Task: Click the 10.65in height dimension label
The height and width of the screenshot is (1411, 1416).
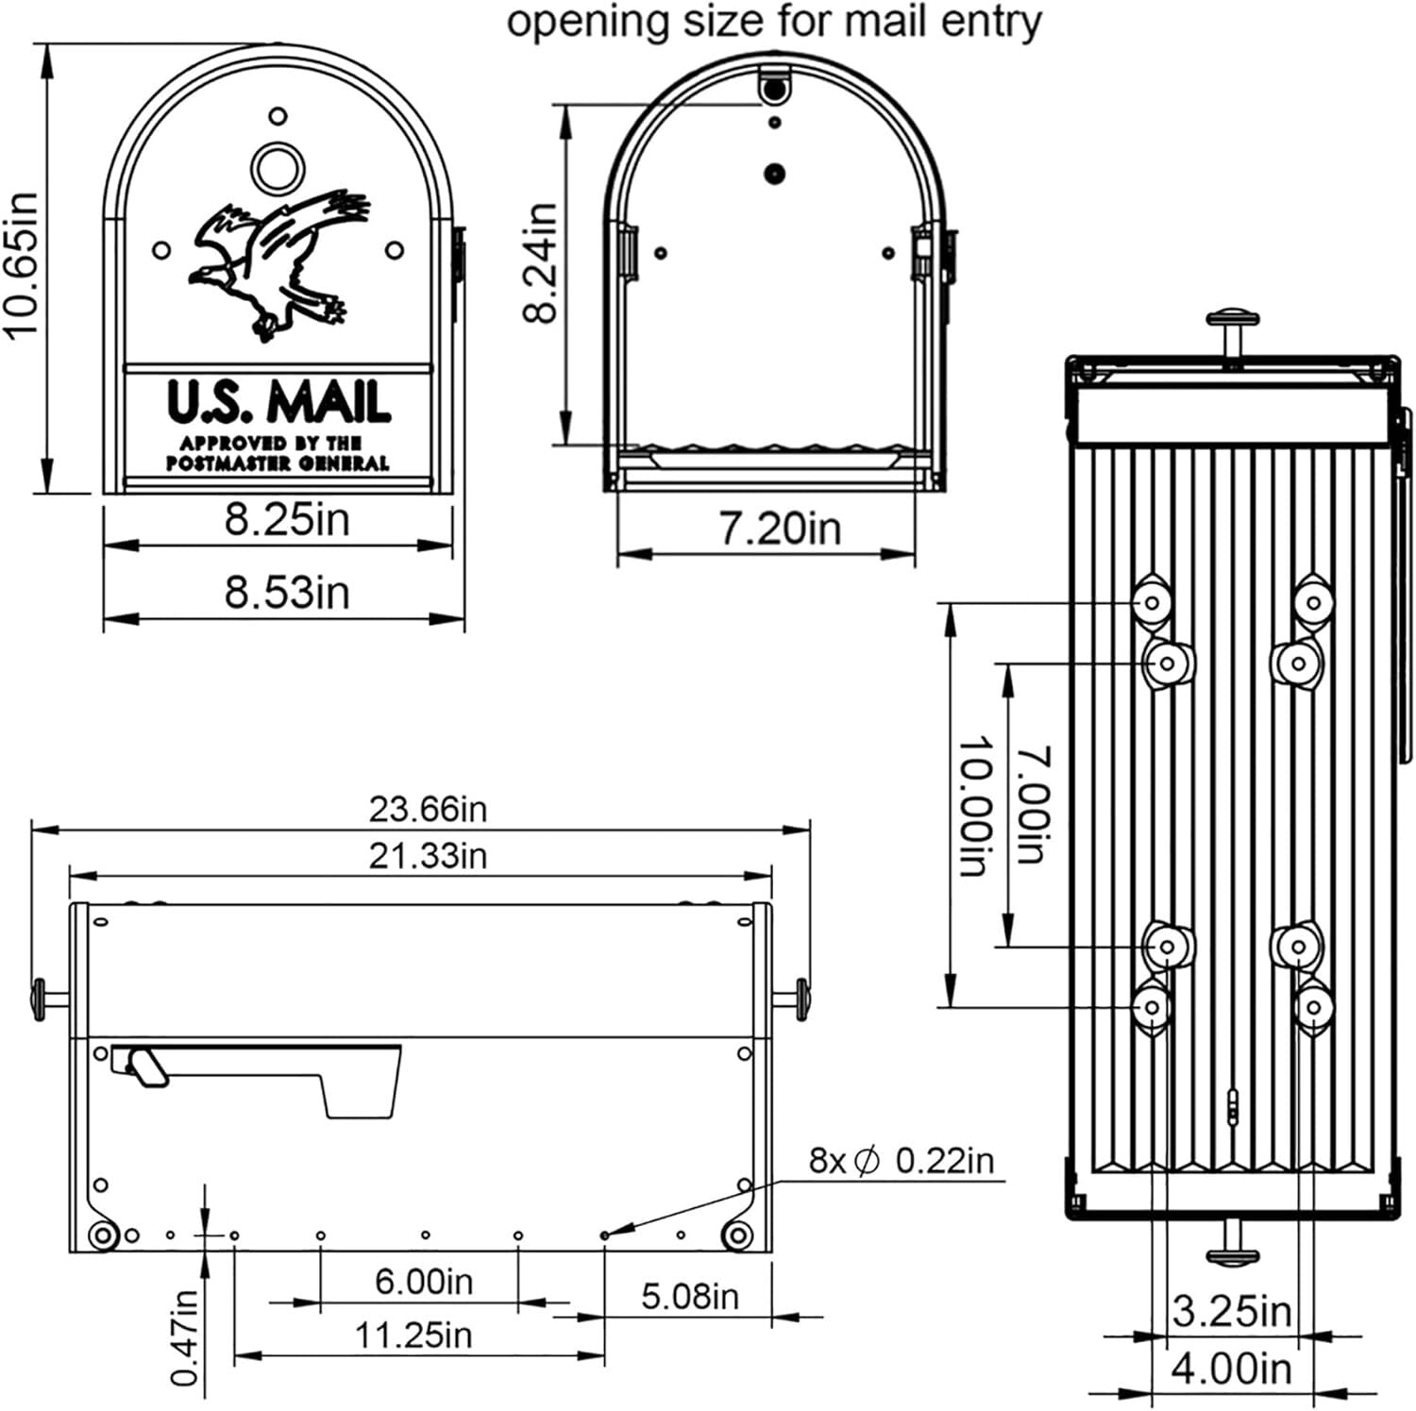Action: pyautogui.click(x=21, y=263)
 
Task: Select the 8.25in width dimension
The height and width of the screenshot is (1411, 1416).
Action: pyautogui.click(x=286, y=520)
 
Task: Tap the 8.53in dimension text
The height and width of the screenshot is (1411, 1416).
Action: pyautogui.click(x=286, y=593)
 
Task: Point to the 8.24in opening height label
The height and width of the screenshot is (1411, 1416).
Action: pyautogui.click(x=542, y=263)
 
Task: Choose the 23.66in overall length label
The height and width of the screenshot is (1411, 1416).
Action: pyautogui.click(x=428, y=809)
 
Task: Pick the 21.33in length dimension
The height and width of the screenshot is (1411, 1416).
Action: pyautogui.click(x=428, y=856)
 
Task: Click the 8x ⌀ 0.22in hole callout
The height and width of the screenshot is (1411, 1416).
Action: pyautogui.click(x=902, y=1160)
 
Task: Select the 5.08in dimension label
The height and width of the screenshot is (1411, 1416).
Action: pyautogui.click(x=690, y=1296)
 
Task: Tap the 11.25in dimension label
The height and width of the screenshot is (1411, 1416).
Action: pyautogui.click(x=413, y=1335)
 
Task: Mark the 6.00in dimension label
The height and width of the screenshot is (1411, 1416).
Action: pyautogui.click(x=424, y=1281)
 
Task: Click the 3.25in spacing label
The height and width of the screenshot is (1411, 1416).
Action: pyautogui.click(x=1231, y=1311)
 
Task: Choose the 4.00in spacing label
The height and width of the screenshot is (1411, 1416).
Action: pyautogui.click(x=1231, y=1369)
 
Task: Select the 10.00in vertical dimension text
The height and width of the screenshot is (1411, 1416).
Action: pyautogui.click(x=976, y=807)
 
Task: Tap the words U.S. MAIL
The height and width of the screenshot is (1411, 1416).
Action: pyautogui.click(x=278, y=402)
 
